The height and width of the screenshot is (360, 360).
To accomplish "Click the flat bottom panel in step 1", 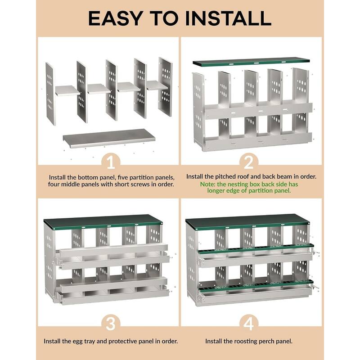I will click(109, 138).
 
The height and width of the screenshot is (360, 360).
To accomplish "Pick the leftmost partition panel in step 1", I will click(50, 94).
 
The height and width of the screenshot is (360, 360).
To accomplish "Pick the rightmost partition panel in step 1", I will click(165, 87).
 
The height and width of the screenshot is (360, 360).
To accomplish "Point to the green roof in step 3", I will click(103, 220).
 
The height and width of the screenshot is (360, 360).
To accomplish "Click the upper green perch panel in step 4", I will click(254, 249).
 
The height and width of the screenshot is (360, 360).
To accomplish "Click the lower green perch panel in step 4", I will click(254, 286).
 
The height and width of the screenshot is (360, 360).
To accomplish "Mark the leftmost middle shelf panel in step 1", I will click(67, 90).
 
